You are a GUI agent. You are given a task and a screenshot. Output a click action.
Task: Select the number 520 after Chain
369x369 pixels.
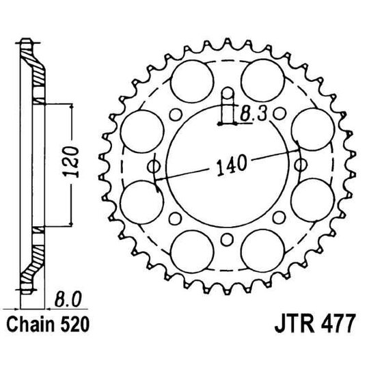pos(75,322)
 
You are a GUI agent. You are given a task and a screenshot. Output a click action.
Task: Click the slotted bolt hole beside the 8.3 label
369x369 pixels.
pos(225,109)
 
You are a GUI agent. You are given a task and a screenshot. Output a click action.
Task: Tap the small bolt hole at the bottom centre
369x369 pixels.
pos(225,239)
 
